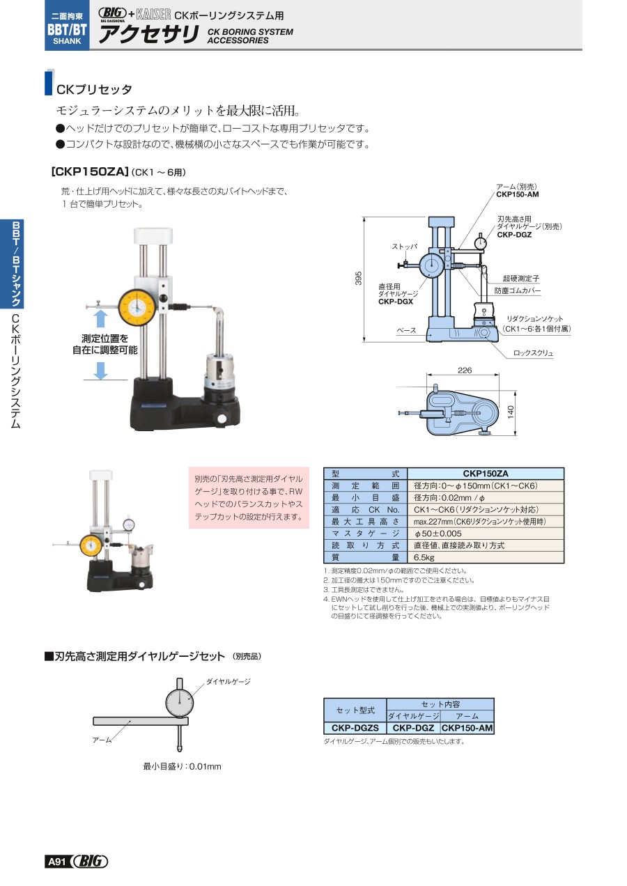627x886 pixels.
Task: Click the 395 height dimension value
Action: coord(358,278)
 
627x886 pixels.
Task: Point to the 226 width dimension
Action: coord(465,371)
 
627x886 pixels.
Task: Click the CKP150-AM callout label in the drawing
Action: coord(518,194)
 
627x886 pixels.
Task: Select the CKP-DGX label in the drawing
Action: coord(396,302)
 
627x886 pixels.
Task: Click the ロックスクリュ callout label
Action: coord(533,353)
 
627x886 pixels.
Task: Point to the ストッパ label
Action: coord(404,247)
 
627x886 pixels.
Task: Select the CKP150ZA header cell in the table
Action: coord(486,474)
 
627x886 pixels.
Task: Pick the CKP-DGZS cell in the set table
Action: coord(355,728)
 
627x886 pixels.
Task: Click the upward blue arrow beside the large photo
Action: coord(100,318)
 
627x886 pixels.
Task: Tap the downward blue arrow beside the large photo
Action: coord(100,371)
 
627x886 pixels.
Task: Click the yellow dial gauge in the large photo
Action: coord(136,307)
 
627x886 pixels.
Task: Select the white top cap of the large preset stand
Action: coord(153,235)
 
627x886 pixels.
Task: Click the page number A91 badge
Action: coord(57,861)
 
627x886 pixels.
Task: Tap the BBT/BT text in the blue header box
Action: coord(67,29)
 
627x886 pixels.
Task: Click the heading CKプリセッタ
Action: coord(94,89)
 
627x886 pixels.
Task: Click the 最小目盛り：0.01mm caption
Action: coord(182,766)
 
